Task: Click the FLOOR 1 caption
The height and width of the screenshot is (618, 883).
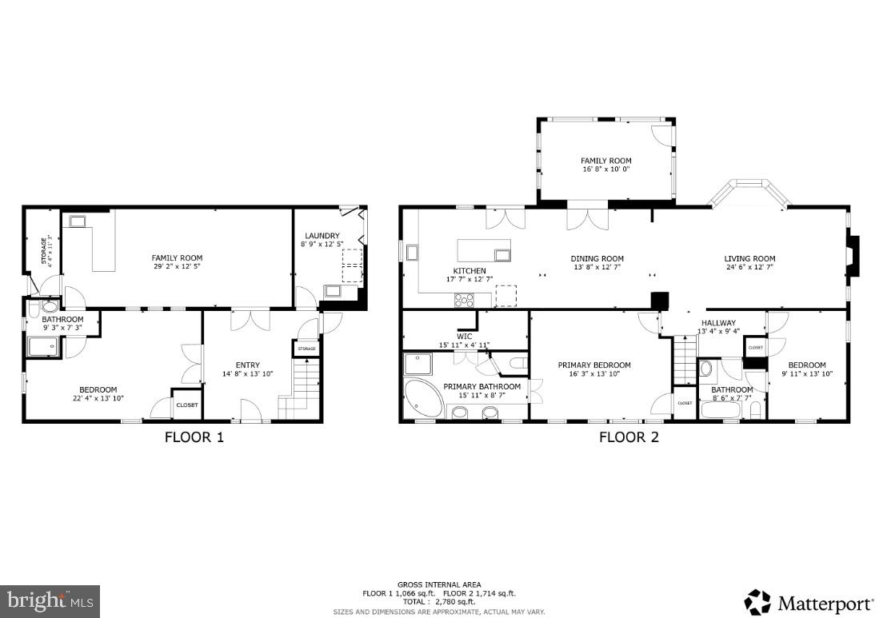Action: tap(194, 437)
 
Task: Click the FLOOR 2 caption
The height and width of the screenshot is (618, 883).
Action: tap(629, 437)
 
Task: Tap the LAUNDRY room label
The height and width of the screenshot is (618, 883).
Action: tap(322, 235)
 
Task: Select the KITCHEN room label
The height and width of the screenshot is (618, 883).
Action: tap(469, 271)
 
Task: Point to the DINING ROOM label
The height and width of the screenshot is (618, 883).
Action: tap(597, 258)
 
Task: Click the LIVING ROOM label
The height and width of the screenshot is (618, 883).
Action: tap(749, 258)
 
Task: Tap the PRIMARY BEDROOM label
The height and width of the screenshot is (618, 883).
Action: tap(594, 365)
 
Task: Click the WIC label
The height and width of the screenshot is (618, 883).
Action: tap(465, 336)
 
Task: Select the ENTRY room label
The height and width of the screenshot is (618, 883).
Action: tap(248, 365)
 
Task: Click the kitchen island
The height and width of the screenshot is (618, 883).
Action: tap(484, 249)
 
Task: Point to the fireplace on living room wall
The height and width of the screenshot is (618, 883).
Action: tap(853, 256)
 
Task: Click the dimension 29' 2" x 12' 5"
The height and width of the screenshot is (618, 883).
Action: tap(178, 267)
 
